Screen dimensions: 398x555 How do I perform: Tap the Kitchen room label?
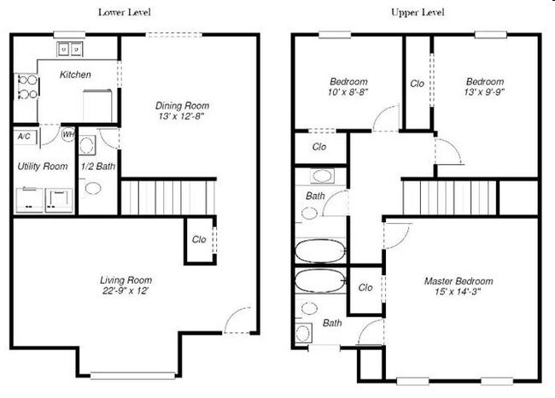[74, 75]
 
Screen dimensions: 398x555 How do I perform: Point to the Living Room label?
[126, 279]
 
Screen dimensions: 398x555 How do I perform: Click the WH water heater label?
[68, 134]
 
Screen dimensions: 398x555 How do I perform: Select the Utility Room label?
[42, 166]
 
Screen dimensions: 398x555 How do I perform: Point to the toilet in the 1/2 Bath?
[92, 188]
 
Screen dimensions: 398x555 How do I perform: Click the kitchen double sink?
[70, 49]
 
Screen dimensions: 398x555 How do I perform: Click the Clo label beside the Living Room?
[198, 240]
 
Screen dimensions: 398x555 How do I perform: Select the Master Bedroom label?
[458, 281]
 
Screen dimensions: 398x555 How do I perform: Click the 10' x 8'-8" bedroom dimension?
[348, 92]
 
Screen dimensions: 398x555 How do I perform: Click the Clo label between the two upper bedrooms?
[417, 84]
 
